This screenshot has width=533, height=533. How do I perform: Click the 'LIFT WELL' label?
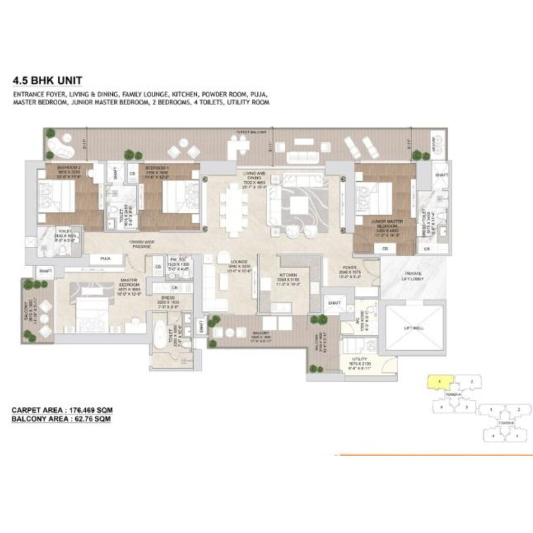click(414, 328)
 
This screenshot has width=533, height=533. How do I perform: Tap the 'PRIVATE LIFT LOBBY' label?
click(413, 276)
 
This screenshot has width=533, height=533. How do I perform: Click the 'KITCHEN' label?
click(288, 274)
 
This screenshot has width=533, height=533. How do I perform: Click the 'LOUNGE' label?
click(238, 261)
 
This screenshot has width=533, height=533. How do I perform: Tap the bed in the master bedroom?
click(90, 308)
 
